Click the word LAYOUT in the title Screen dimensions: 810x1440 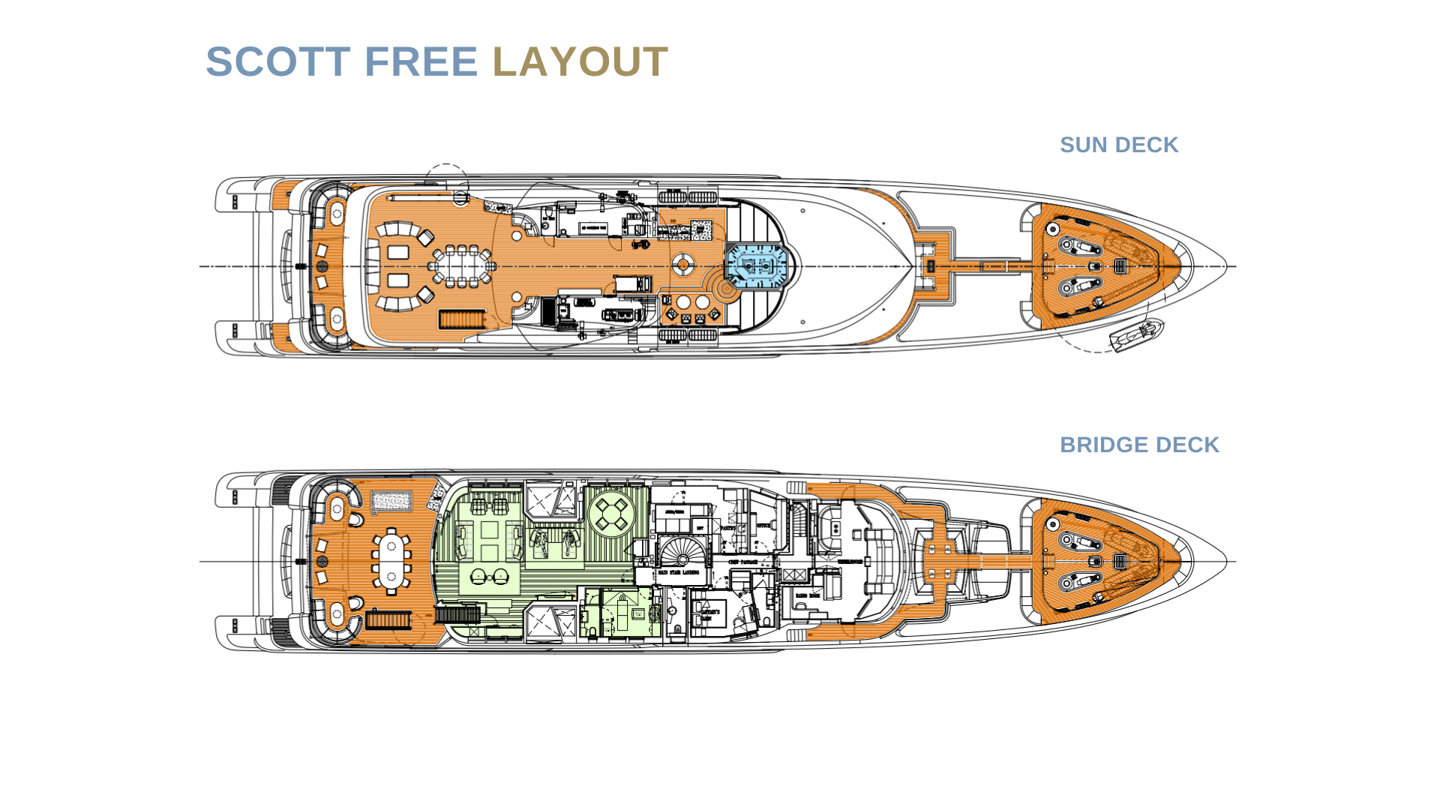(579, 61)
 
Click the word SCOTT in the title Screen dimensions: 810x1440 (278, 61)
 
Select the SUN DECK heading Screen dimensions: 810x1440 (1118, 145)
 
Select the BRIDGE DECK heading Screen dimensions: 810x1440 (1139, 445)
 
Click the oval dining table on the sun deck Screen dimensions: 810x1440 (461, 266)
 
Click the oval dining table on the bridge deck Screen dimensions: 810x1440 (391, 561)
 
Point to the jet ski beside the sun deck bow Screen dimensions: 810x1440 (1137, 334)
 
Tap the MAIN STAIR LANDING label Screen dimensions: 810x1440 (679, 572)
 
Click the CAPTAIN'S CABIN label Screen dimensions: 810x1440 (709, 614)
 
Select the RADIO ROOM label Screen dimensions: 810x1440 (808, 595)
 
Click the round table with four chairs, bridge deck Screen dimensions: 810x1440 (611, 514)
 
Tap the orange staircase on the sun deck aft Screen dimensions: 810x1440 (462, 319)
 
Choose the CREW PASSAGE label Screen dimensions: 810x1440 (742, 562)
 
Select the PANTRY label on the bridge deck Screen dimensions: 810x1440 (727, 528)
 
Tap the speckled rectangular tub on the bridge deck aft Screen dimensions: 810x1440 (391, 500)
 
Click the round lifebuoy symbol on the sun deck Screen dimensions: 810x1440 (682, 264)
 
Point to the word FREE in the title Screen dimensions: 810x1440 (421, 61)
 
